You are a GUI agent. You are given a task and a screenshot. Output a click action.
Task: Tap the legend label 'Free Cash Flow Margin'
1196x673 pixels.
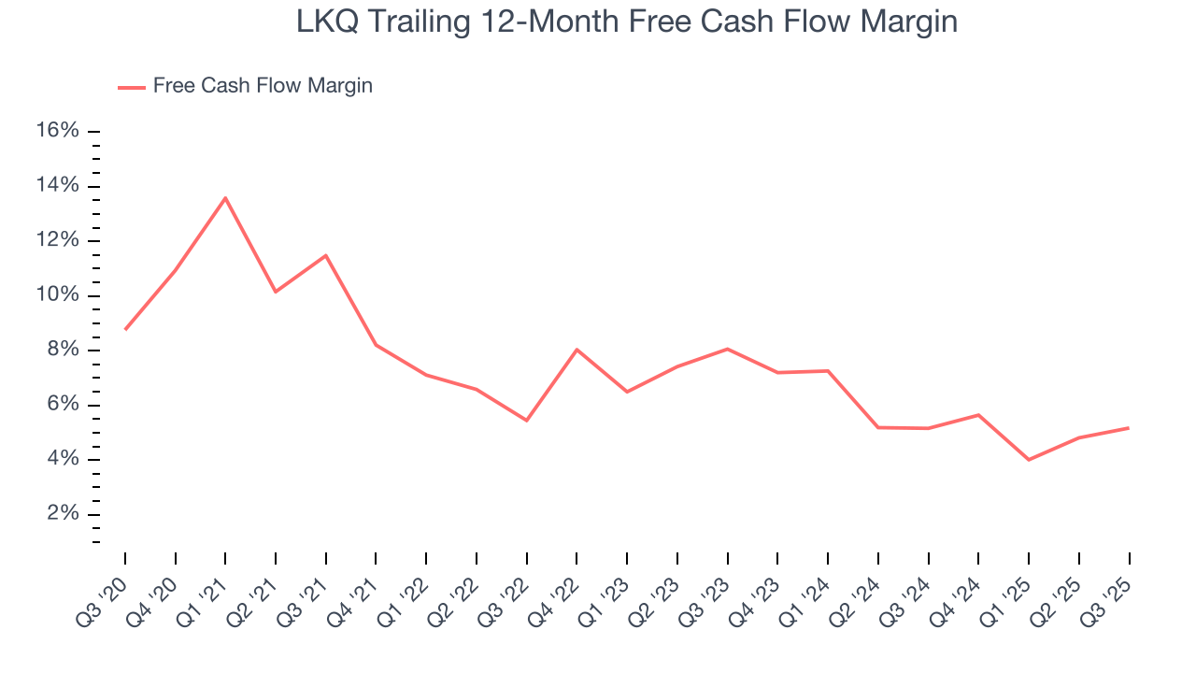click(x=263, y=86)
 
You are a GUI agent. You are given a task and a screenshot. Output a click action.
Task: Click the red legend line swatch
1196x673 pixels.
click(x=132, y=87)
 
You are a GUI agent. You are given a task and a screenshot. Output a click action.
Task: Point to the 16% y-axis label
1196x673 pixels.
click(x=57, y=131)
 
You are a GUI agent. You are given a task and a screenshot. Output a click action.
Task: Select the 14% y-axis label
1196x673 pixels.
click(x=57, y=186)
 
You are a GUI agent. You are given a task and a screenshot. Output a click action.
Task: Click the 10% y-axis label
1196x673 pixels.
click(x=57, y=295)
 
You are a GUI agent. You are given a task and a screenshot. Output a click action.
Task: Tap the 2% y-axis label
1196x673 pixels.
click(x=63, y=514)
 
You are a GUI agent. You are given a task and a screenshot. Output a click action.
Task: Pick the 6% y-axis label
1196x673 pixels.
click(x=63, y=405)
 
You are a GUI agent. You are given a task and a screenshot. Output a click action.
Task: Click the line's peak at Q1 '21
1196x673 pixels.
click(x=225, y=197)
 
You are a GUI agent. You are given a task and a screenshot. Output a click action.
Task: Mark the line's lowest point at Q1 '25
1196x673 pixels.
click(x=1029, y=460)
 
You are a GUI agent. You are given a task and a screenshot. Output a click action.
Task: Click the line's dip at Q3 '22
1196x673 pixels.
click(x=527, y=421)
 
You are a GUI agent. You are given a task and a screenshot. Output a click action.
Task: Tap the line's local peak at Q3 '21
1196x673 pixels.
click(x=326, y=255)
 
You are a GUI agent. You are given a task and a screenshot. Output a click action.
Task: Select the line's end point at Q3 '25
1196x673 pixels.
click(x=1129, y=428)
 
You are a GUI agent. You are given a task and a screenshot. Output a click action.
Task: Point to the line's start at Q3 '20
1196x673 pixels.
click(x=125, y=329)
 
